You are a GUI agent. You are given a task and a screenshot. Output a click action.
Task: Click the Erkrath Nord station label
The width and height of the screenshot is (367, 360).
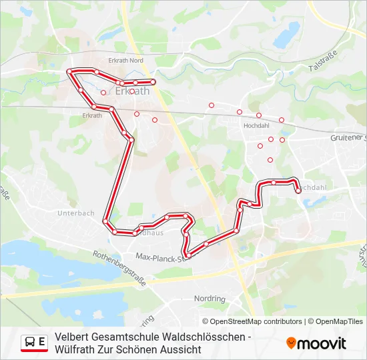pyautogui.click(x=126, y=61)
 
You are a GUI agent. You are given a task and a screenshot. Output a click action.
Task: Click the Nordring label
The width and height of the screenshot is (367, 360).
pyautogui.click(x=209, y=299)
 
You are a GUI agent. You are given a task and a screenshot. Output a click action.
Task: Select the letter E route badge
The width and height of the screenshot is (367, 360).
pyautogui.click(x=42, y=342)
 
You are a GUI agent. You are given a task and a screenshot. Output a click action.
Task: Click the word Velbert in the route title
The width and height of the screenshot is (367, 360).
pyautogui.click(x=73, y=337)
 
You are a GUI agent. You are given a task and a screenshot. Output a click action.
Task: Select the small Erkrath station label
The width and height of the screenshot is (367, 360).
pyautogui.click(x=92, y=115)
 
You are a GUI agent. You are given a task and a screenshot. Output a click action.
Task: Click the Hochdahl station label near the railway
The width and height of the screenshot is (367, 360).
pyautogui.click(x=257, y=125)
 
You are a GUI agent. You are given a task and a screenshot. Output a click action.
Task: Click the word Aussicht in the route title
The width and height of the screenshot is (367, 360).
pyautogui.click(x=179, y=350)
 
